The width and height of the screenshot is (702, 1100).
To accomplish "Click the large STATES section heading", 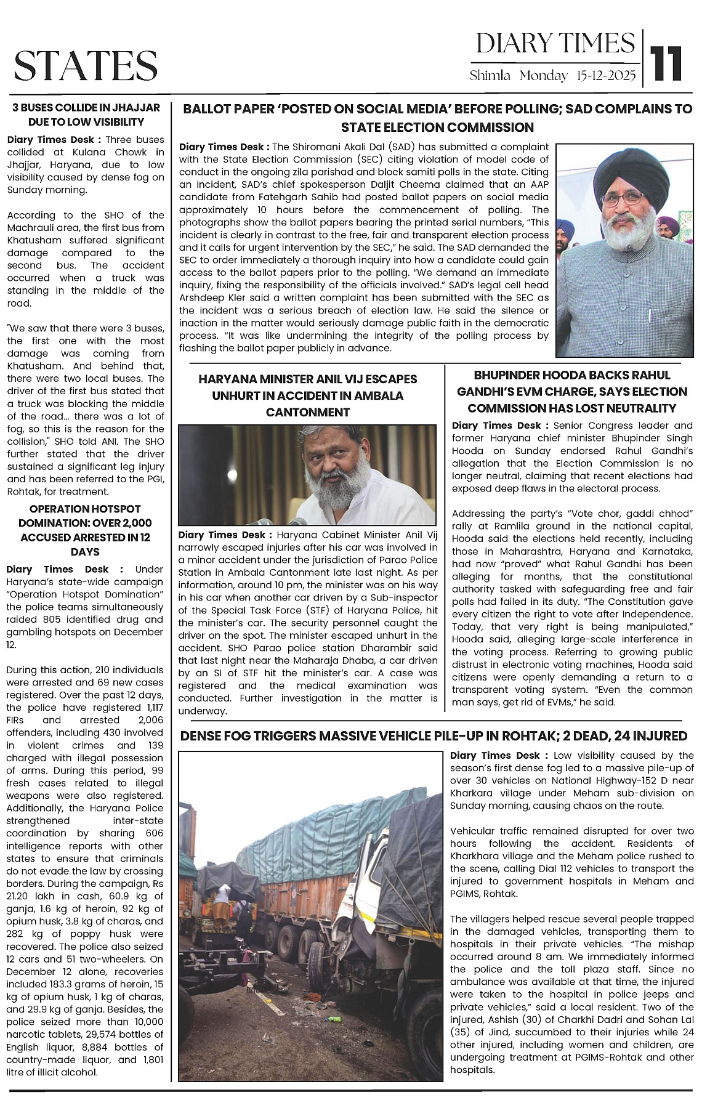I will (86, 66).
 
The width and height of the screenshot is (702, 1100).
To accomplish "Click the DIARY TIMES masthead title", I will (555, 44).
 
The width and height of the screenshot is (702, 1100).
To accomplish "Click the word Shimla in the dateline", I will (490, 76).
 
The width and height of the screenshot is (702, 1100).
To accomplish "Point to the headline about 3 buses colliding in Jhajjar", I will (86, 115).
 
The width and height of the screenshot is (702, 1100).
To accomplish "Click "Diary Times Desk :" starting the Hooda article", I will (499, 426).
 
